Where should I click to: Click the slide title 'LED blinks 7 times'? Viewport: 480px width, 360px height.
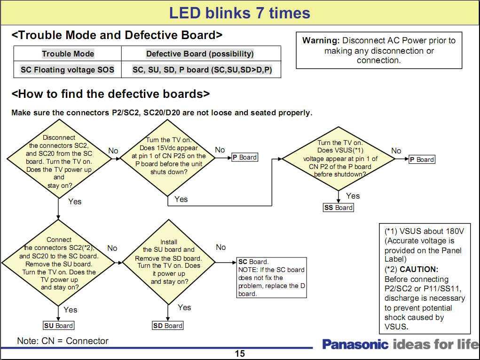coord(240,13)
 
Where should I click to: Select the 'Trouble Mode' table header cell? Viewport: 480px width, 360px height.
coord(68,54)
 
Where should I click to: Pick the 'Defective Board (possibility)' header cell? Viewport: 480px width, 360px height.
coord(200,54)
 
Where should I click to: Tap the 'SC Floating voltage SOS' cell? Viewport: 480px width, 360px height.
coord(67,70)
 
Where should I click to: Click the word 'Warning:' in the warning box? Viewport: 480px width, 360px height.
coord(321,40)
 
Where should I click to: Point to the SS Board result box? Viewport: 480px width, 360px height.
coord(338,208)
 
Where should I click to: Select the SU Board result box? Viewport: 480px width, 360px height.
coord(59,326)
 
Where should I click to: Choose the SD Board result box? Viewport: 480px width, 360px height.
coord(168,326)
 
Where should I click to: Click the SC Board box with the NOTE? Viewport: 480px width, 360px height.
coord(272,278)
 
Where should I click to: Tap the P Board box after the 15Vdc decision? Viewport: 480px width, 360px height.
coord(244,157)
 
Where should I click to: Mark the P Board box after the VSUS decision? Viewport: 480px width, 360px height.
coord(422,160)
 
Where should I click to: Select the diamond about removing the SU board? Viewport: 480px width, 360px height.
coord(59,263)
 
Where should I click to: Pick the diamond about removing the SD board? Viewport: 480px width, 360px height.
coord(168,262)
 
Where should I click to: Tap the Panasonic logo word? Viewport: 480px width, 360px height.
coord(355,344)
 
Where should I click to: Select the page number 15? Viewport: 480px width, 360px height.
coord(240,354)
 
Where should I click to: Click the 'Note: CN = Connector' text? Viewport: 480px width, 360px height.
coord(63,341)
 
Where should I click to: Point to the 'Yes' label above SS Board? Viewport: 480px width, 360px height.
coord(353,196)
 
